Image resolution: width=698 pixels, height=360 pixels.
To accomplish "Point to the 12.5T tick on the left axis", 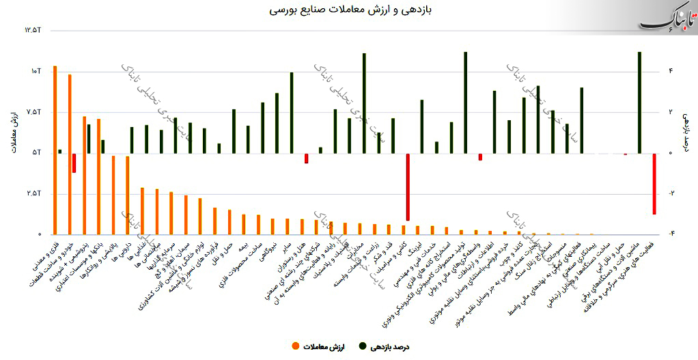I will (34, 30).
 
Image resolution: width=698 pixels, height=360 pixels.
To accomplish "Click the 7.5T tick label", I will (34, 112).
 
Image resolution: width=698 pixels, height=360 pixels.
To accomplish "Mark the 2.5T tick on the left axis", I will (34, 193).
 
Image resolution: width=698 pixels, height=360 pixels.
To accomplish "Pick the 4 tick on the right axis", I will (670, 71).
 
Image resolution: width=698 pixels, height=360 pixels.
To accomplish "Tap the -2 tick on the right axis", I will (670, 193).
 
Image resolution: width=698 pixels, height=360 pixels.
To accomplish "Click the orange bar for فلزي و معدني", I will (55, 150).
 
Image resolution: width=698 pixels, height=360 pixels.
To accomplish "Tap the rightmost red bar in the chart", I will (654, 183).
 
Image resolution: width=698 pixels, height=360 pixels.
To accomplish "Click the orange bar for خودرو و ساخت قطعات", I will (70, 154).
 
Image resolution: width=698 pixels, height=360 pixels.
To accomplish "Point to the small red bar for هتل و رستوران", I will (306, 158).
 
